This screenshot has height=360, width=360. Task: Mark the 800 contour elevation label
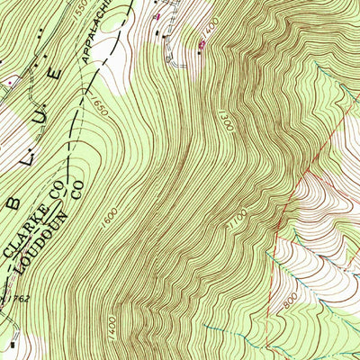point(287,305)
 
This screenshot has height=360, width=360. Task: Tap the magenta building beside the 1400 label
point(201,42)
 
